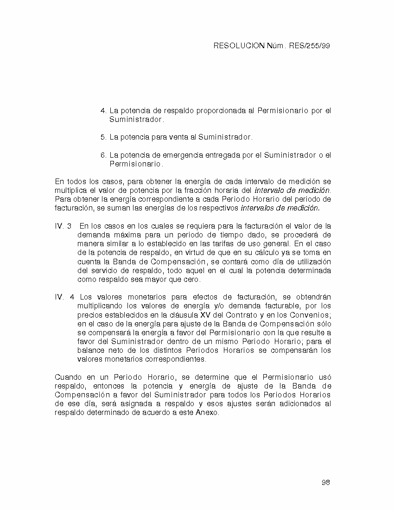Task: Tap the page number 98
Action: click(x=325, y=483)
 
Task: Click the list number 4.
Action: click(x=103, y=111)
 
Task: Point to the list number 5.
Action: click(x=103, y=137)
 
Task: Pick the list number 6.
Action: click(x=103, y=155)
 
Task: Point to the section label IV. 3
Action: click(x=64, y=226)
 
